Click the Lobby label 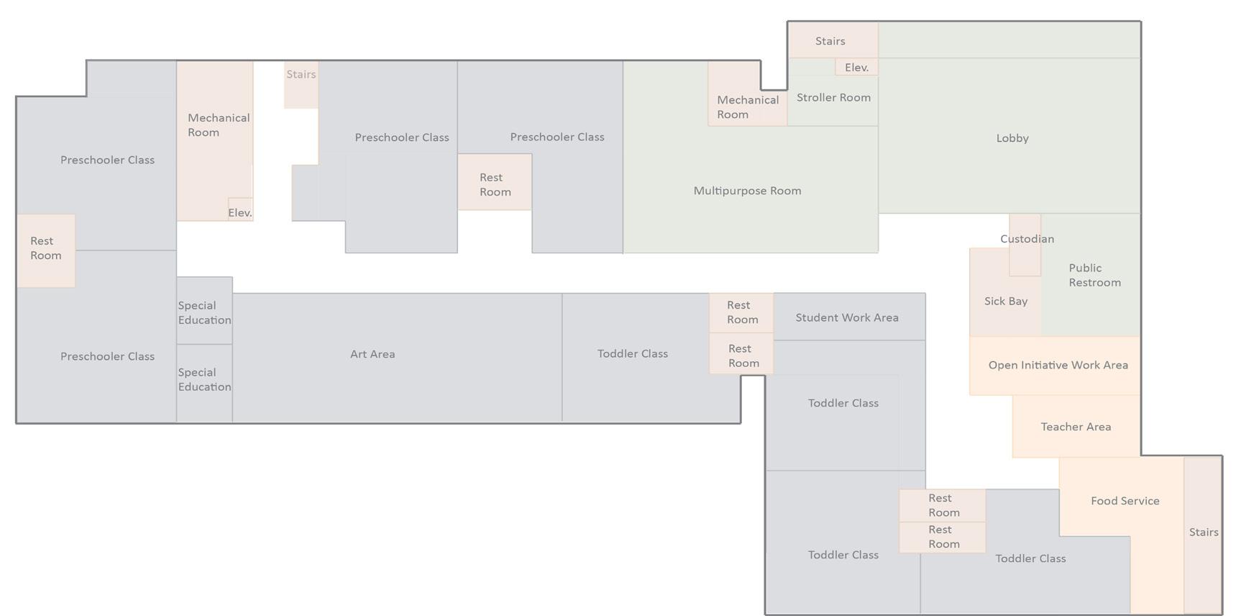tap(1012, 138)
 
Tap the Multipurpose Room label tap(747, 191)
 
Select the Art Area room tap(372, 354)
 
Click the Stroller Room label tap(833, 98)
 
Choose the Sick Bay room tap(1004, 302)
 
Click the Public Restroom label tap(1094, 276)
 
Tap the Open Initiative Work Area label tap(1058, 366)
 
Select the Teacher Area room tap(1076, 427)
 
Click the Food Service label tap(1125, 501)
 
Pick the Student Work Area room tap(847, 317)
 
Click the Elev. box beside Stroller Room tap(856, 67)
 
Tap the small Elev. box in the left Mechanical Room tap(240, 211)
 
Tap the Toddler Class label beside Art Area tap(633, 354)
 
